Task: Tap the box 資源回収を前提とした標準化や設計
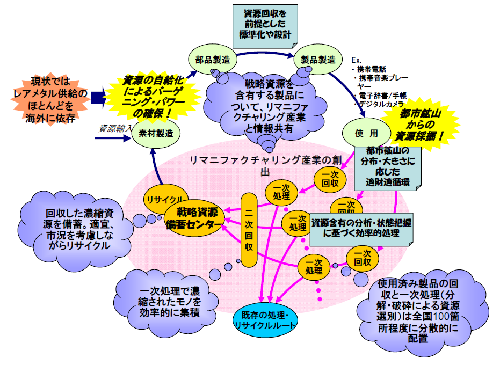[265, 23]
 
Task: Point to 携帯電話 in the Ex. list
[371, 69]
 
